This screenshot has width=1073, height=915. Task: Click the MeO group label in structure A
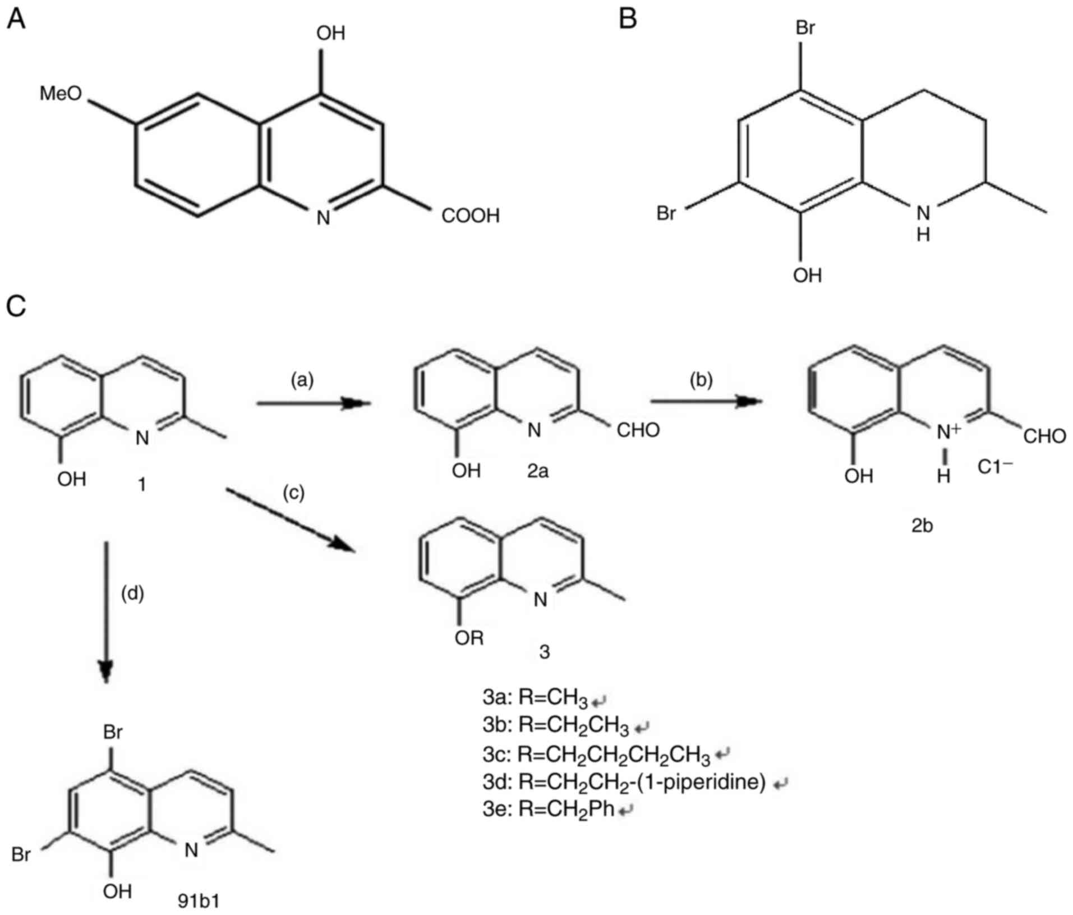pyautogui.click(x=61, y=94)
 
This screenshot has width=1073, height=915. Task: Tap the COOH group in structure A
pyautogui.click(x=470, y=216)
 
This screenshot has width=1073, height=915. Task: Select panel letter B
pyautogui.click(x=628, y=20)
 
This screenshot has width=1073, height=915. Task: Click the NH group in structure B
pyautogui.click(x=923, y=222)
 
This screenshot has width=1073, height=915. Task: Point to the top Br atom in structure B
pyautogui.click(x=805, y=27)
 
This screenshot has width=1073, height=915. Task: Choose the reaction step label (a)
pyautogui.click(x=302, y=380)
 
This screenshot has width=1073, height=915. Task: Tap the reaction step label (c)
pyautogui.click(x=293, y=493)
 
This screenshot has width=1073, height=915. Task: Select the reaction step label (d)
pyautogui.click(x=133, y=593)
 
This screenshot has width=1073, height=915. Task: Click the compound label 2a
pyautogui.click(x=537, y=471)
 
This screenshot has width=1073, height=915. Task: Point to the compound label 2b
pyautogui.click(x=922, y=526)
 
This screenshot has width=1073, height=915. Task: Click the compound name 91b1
pyautogui.click(x=199, y=901)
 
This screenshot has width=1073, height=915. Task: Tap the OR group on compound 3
pyautogui.click(x=469, y=638)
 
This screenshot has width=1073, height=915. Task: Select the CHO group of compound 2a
pyautogui.click(x=638, y=431)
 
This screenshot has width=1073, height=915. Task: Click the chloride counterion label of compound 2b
pyautogui.click(x=995, y=467)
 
